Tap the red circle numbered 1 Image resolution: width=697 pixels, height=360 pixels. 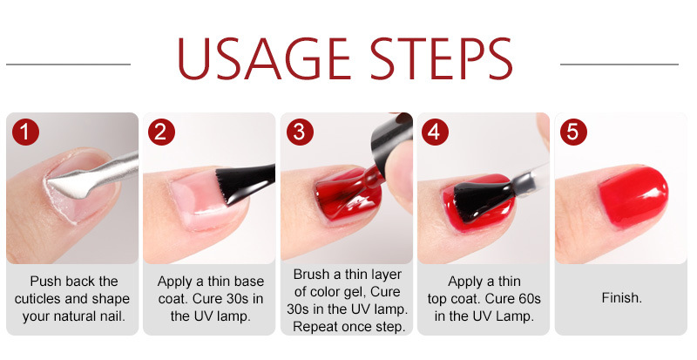(25, 132)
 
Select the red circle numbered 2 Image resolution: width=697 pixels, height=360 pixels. (161, 132)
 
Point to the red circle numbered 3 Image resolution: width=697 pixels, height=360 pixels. (300, 132)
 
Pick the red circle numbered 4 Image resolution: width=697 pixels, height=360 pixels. (435, 132)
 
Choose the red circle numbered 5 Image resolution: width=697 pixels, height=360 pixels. (573, 132)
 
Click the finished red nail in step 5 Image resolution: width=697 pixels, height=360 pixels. (633, 197)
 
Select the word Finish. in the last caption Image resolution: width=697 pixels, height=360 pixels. (622, 298)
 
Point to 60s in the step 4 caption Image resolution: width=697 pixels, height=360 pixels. (528, 299)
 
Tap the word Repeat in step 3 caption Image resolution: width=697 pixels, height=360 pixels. (315, 327)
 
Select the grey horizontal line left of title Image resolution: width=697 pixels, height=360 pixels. (69, 65)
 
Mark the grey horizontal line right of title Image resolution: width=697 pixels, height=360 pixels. (619, 65)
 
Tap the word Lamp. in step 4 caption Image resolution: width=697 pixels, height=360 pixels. (515, 316)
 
